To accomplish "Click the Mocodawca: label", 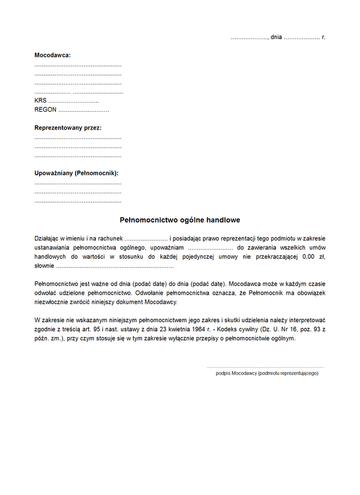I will click(x=53, y=55).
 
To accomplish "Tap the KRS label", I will click(x=40, y=101).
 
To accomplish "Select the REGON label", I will click(x=45, y=110).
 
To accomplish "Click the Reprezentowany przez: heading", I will click(x=68, y=128).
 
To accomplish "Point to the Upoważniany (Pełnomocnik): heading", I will click(x=76, y=173).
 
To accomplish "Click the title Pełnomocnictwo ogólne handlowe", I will click(x=180, y=220).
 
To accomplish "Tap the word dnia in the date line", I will click(x=276, y=37).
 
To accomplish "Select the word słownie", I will click(x=44, y=265).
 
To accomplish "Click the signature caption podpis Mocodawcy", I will click(x=267, y=373).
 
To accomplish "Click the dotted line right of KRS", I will click(x=74, y=102).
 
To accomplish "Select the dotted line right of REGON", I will click(x=83, y=111).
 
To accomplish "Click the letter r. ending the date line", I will click(x=323, y=37).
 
